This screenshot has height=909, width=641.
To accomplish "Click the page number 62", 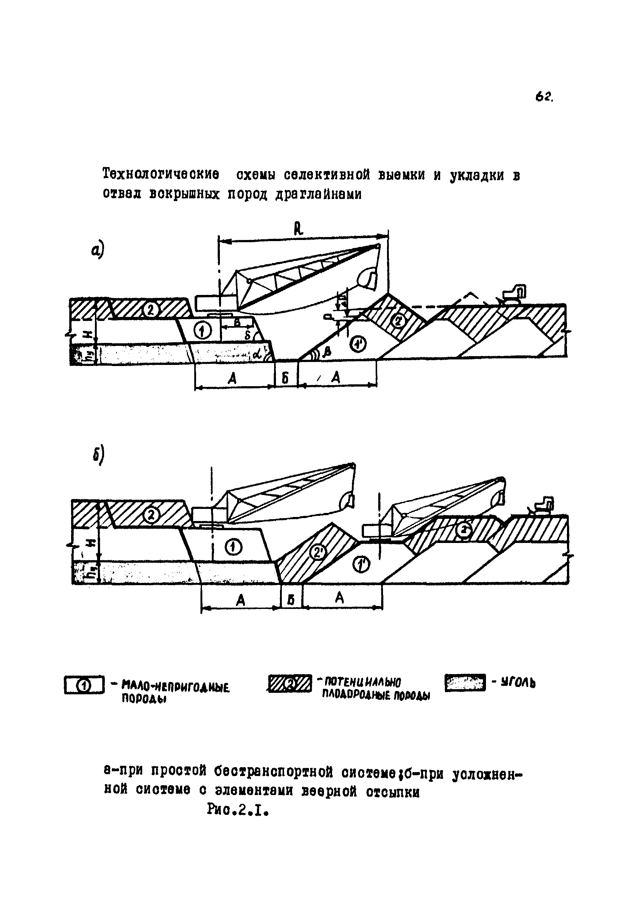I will click(x=544, y=97).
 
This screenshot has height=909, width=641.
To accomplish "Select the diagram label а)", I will click(x=97, y=251).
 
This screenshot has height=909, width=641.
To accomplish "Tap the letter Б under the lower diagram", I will click(x=291, y=600).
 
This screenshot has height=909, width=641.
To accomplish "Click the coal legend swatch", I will click(x=465, y=683).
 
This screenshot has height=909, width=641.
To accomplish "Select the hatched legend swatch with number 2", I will click(x=290, y=684).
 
